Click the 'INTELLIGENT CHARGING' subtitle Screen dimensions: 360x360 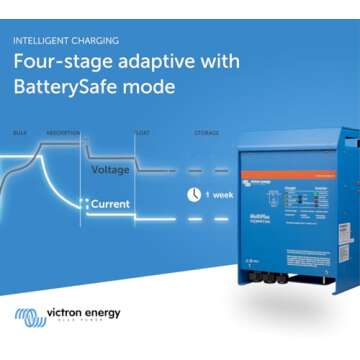coord(66,41)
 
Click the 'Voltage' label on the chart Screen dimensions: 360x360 coord(110,170)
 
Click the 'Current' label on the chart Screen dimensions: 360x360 coord(109,203)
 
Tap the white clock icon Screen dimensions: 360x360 coord(194,194)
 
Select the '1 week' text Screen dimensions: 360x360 coord(220,194)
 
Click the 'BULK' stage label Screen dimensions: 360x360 coord(20,132)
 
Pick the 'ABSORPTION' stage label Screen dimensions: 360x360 coord(63,132)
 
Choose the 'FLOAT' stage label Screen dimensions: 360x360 coord(142,132)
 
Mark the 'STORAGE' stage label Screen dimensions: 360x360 coord(207,132)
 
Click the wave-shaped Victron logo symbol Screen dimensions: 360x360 coord(29,318)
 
